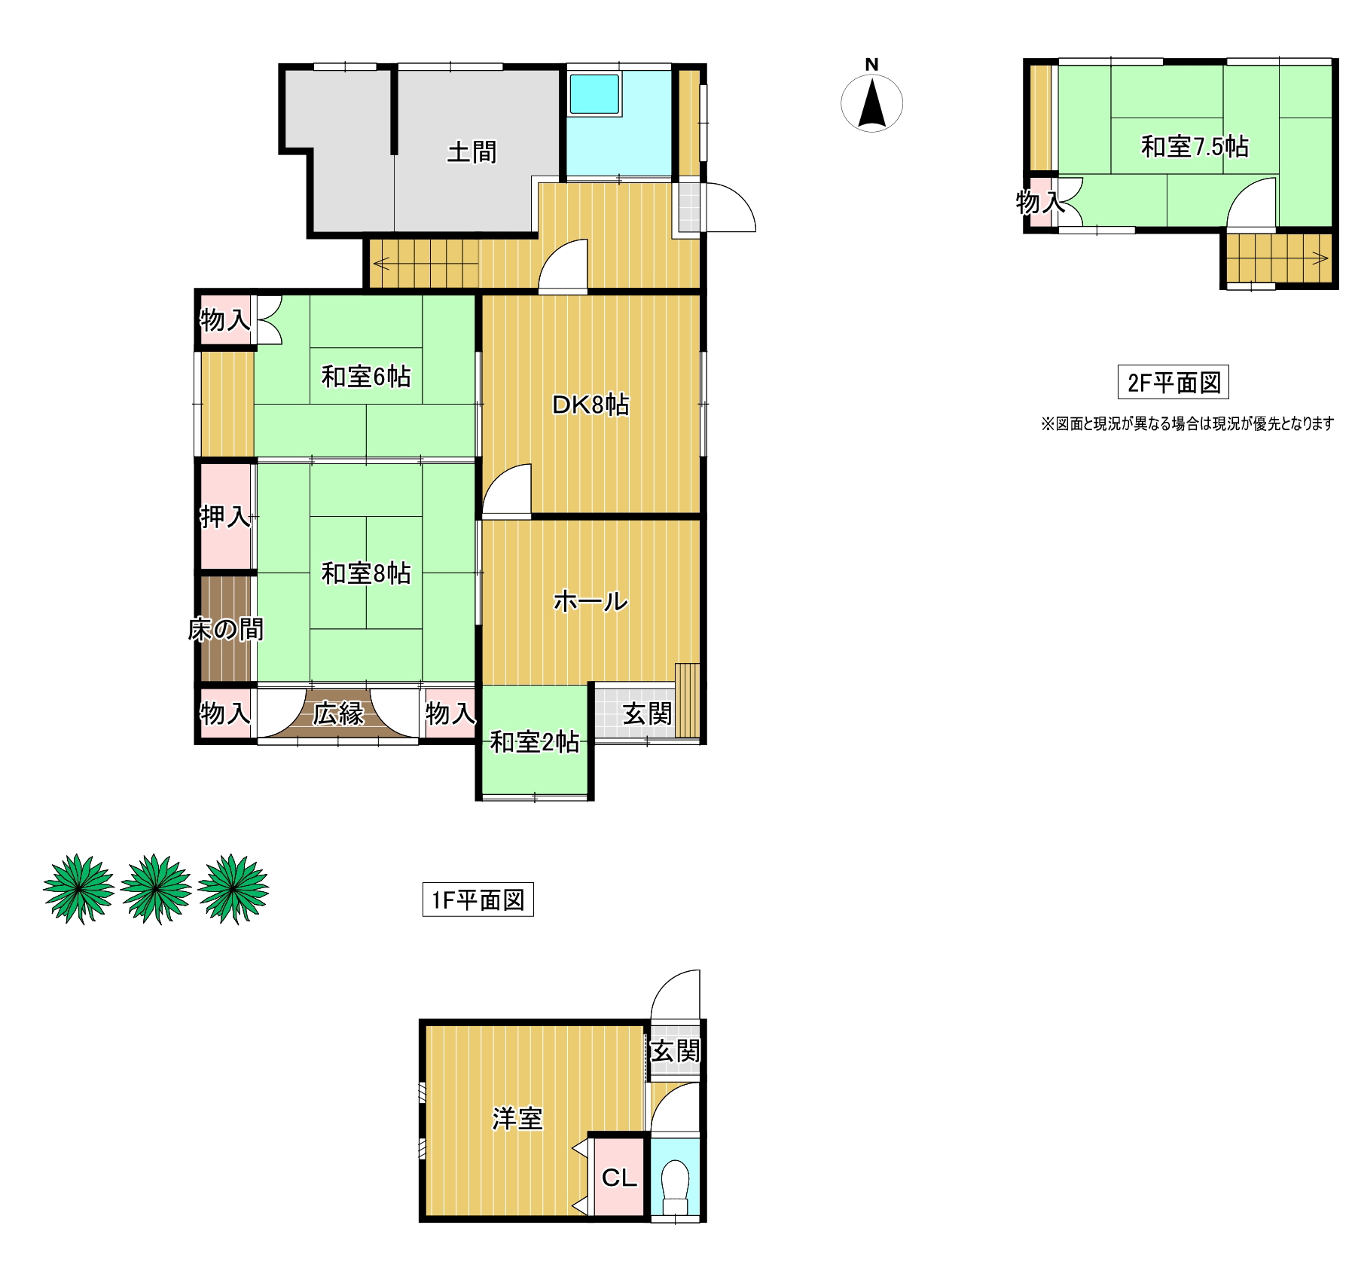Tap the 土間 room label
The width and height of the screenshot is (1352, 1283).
[472, 152]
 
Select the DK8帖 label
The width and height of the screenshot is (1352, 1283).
[591, 405]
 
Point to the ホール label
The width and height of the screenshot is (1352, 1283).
[591, 601]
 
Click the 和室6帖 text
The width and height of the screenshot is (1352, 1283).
[366, 376]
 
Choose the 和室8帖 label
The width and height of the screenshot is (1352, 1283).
[366, 573]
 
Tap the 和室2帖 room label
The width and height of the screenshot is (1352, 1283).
[535, 743]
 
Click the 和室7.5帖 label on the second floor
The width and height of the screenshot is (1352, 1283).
[1195, 145]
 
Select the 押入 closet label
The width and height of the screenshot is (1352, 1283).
[225, 517]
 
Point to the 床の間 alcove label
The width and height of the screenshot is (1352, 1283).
[226, 629]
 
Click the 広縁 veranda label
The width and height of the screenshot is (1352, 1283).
[339, 713]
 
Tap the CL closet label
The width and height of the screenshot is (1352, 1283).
[620, 1178]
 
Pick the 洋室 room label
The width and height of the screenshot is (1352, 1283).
[517, 1119]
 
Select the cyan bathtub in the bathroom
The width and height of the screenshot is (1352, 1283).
[594, 94]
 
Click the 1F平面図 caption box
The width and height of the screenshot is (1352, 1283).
[478, 900]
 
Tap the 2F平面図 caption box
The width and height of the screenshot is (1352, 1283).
[1173, 382]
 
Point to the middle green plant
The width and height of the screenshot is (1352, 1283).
[156, 888]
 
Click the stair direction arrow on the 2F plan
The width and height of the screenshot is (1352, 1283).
[1280, 259]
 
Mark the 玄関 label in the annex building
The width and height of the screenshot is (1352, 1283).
[676, 1051]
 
